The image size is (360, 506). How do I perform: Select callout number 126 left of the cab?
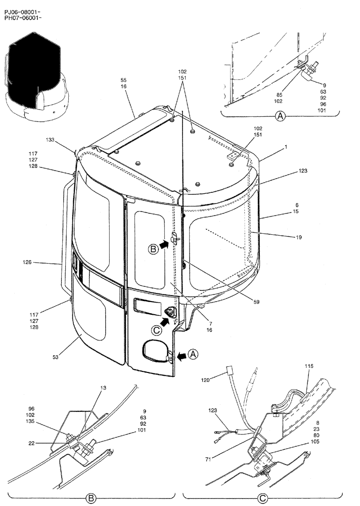(x=27, y=262)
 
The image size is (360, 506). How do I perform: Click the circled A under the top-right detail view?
(x=281, y=116)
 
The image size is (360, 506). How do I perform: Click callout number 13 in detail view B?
(x=103, y=388)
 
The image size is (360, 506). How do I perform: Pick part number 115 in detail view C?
(x=309, y=366)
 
